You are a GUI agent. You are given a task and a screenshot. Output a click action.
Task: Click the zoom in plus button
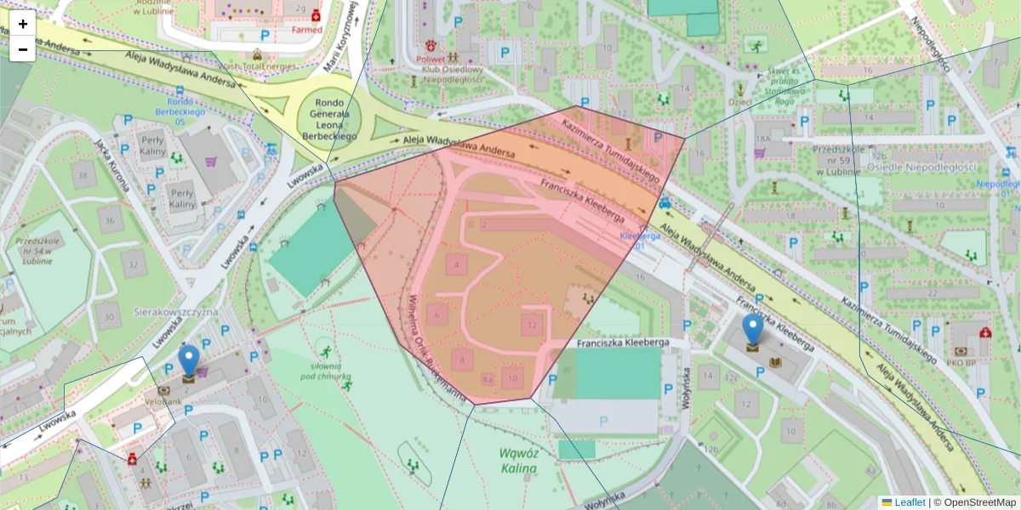point(23,24)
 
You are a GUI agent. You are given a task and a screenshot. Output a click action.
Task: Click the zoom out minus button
point(23,49)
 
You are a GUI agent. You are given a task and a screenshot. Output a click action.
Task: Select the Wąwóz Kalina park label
point(518,460)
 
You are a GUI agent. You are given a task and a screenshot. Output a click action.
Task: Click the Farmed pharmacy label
point(307,30)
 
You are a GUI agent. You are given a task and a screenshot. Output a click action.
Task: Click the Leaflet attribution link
point(909,502)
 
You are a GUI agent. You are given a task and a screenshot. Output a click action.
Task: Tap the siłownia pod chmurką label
point(325,371)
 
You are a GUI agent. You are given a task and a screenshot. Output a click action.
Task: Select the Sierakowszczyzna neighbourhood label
point(176,312)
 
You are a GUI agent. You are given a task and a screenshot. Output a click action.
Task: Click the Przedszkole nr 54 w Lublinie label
point(40,251)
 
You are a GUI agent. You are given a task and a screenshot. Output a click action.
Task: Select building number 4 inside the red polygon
point(457,265)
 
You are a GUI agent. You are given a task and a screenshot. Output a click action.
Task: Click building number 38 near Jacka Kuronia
point(83,177)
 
